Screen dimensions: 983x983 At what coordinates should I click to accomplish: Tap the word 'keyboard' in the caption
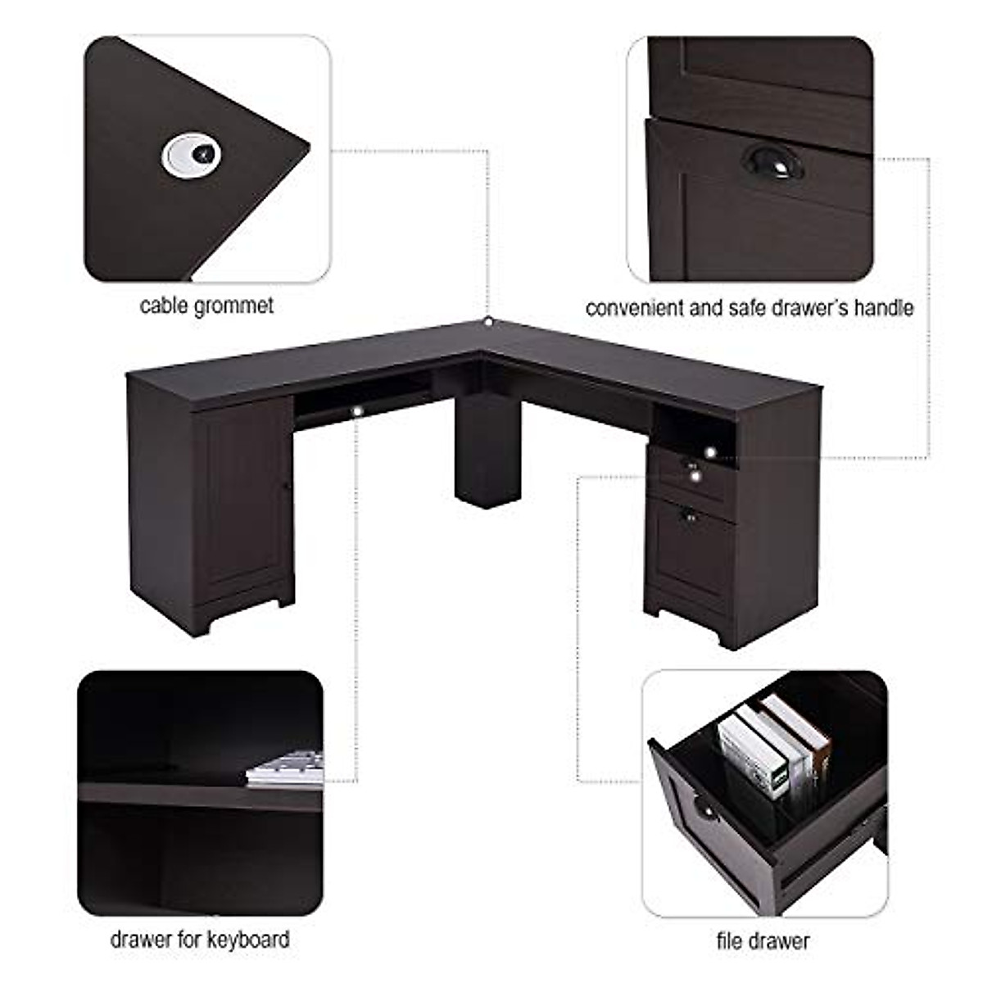coord(247,939)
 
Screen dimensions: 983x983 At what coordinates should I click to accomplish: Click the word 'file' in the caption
coord(729,941)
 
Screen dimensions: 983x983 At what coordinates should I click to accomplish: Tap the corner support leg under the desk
coord(487,451)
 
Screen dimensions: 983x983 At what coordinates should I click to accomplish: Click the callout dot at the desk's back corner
coord(487,322)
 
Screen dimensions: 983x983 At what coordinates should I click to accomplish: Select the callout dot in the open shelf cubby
coord(709,451)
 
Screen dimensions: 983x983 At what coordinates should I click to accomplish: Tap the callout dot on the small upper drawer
coord(695,474)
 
